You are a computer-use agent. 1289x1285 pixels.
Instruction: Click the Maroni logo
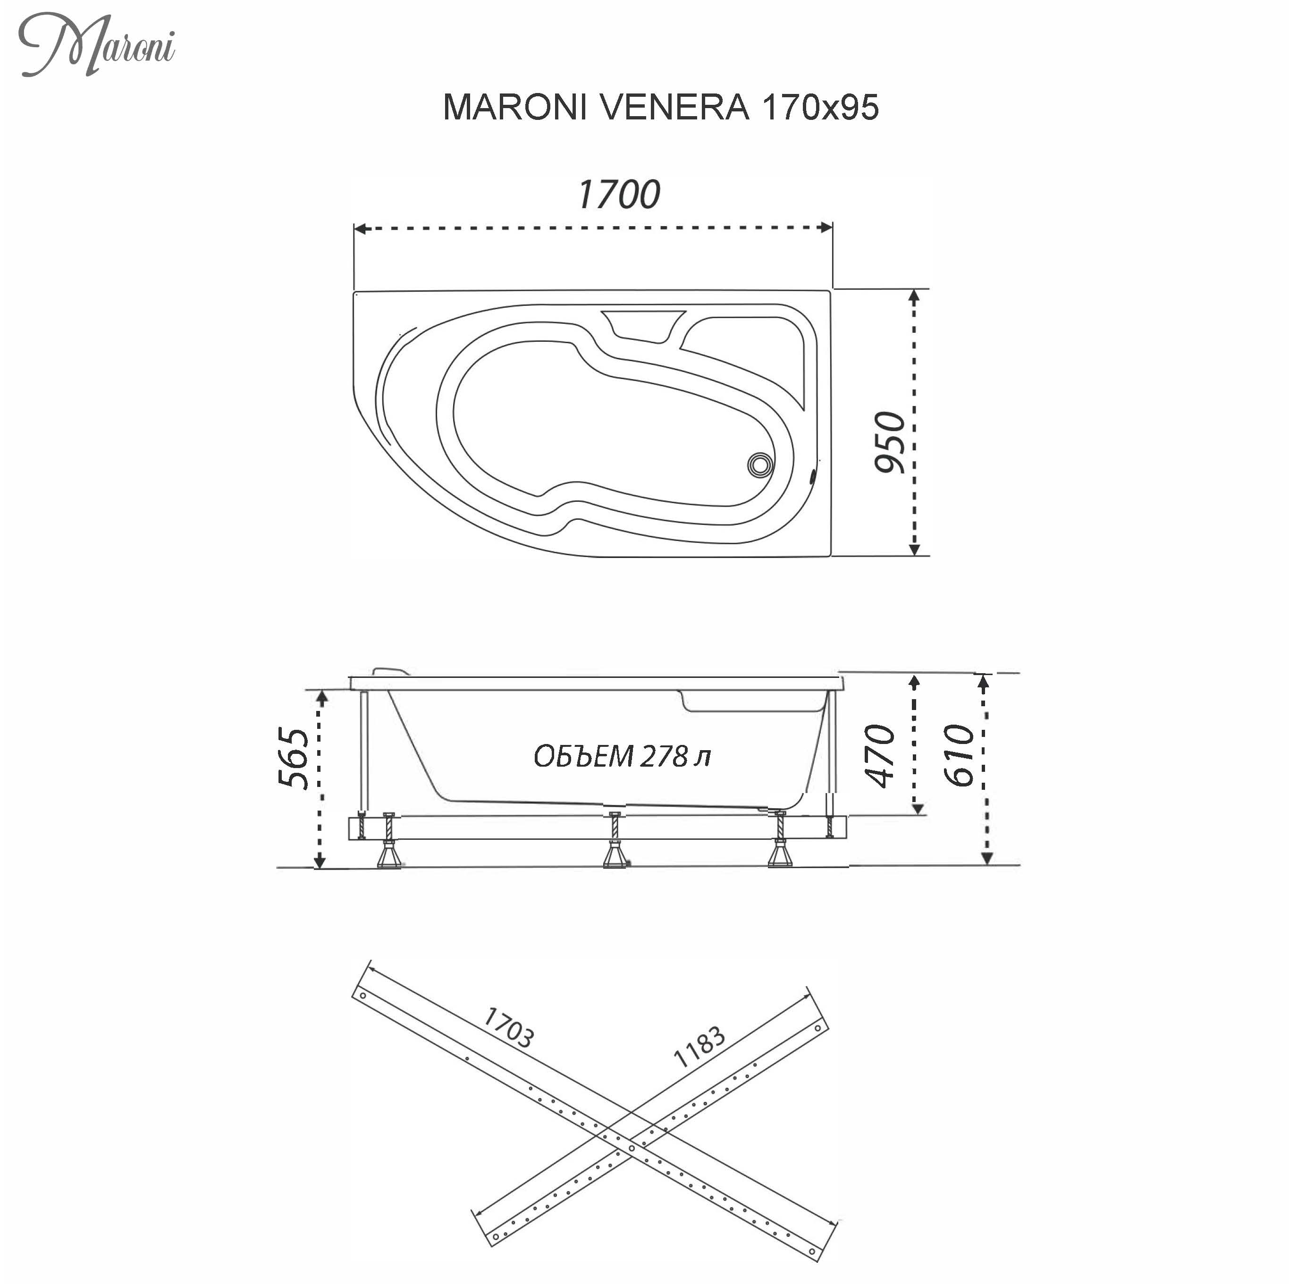tap(97, 45)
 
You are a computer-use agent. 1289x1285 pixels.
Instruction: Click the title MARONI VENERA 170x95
tap(660, 107)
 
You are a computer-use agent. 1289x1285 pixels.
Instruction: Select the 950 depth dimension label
tap(890, 442)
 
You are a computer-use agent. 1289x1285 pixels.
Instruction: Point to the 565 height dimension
tap(294, 758)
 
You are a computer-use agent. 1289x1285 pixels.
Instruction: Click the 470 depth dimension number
tap(879, 755)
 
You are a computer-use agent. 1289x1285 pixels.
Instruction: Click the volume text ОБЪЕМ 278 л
tap(622, 756)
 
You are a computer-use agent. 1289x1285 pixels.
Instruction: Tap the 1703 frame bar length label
tap(508, 1027)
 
